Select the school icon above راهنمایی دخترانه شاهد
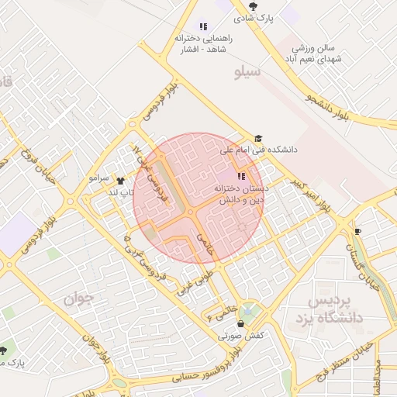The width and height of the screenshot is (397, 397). click(x=204, y=26)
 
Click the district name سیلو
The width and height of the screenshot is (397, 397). click(x=249, y=72)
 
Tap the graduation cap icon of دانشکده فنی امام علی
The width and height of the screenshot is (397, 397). click(x=258, y=138)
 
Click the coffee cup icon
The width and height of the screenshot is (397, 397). click(x=357, y=231)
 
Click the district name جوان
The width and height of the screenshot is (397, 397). click(x=79, y=298)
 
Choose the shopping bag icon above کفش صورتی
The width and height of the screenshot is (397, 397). click(x=241, y=323)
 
